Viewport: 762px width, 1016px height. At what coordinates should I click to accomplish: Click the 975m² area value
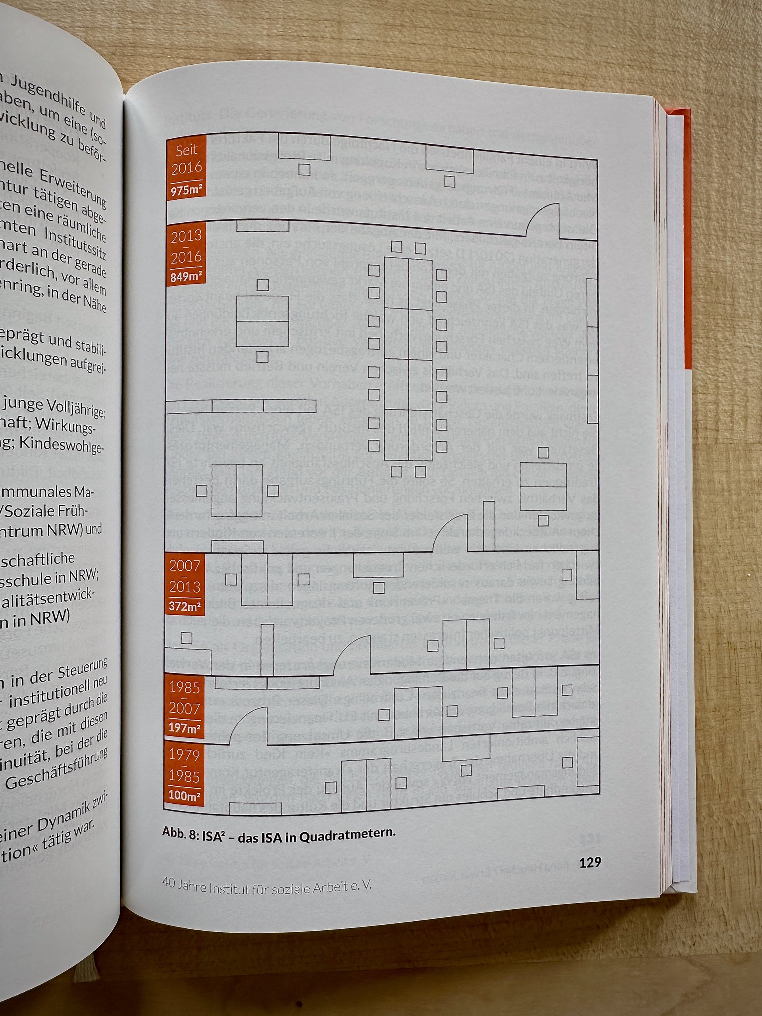point(186,190)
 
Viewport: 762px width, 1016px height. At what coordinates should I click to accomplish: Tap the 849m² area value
point(186,277)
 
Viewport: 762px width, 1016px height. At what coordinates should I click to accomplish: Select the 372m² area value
point(185,606)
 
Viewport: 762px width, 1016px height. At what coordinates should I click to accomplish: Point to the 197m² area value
point(185,728)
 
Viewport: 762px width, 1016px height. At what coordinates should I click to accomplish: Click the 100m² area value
point(185,795)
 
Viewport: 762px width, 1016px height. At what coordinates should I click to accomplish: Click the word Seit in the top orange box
point(187,150)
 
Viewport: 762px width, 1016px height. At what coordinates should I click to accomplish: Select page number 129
point(590,862)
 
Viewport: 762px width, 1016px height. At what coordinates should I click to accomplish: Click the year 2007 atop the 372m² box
point(185,566)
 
